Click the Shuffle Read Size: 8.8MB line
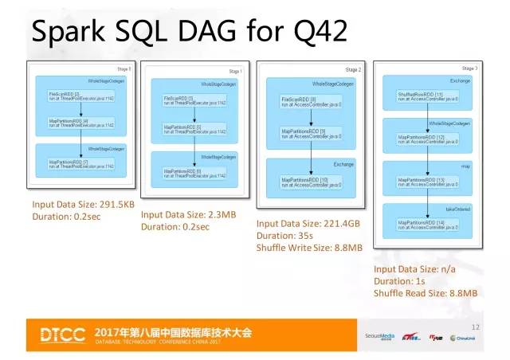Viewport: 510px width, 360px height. [426, 293]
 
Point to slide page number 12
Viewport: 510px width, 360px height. [476, 327]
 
